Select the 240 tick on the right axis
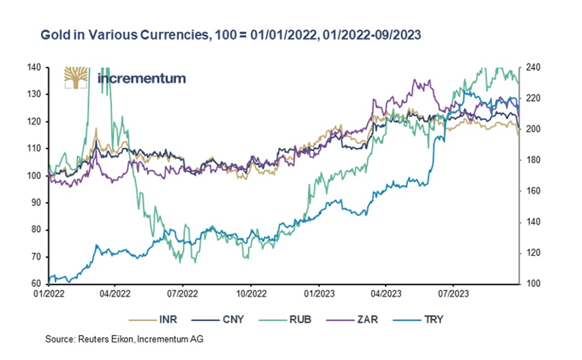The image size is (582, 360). coord(532,67)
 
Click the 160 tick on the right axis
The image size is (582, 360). coord(532,191)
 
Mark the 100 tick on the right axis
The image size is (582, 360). coord(532,284)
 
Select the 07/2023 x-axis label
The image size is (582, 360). coord(453,293)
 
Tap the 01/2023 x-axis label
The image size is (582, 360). coord(318,293)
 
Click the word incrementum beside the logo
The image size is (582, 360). coord(141,78)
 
